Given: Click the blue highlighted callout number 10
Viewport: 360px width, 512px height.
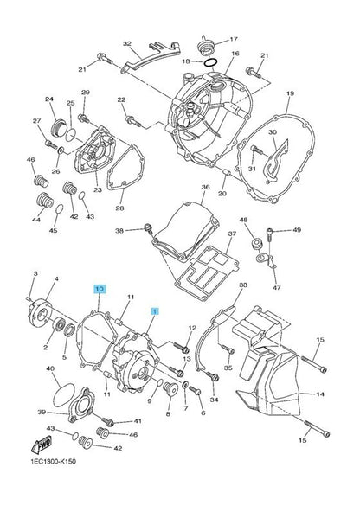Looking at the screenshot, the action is tap(100, 289).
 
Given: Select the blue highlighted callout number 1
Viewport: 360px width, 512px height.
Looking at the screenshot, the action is tap(155, 311).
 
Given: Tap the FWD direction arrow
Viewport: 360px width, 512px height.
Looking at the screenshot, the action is tap(42, 444).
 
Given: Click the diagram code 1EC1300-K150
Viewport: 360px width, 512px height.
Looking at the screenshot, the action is tap(54, 461).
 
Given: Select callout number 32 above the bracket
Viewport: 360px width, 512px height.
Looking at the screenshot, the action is tap(126, 44).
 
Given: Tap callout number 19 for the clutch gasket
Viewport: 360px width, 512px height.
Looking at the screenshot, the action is tap(290, 93).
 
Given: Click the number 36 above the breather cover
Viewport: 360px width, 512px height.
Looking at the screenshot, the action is tap(205, 188).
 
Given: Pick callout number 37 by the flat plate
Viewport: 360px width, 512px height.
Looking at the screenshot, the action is tap(232, 234).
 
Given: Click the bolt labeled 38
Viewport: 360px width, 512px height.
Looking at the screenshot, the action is tap(149, 228).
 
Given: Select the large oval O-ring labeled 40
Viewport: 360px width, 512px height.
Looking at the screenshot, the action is tap(64, 395).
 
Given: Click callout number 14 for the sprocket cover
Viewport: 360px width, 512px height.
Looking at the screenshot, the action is tap(320, 394).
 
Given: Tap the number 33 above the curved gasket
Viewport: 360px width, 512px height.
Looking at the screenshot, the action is tap(243, 285).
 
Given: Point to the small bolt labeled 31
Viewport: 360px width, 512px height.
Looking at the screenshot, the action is tap(257, 150).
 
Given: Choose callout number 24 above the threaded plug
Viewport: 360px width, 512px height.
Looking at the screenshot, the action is tap(49, 99).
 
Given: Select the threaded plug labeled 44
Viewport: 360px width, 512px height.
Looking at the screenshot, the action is tap(45, 200).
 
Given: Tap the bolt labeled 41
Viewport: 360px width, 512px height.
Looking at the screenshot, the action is tap(108, 421).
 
